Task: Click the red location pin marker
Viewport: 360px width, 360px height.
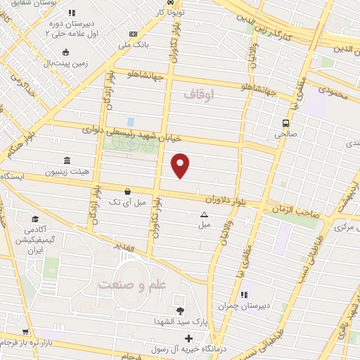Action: (x=181, y=165)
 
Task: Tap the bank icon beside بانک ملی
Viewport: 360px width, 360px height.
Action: (x=134, y=34)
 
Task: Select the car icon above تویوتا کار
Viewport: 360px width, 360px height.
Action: (x=181, y=2)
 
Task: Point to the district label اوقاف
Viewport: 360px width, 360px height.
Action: (x=198, y=94)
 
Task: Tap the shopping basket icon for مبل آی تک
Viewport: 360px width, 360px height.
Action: (x=127, y=191)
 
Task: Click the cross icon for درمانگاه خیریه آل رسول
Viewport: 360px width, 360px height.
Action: (x=188, y=339)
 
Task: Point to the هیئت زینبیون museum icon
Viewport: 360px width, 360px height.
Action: (x=67, y=160)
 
